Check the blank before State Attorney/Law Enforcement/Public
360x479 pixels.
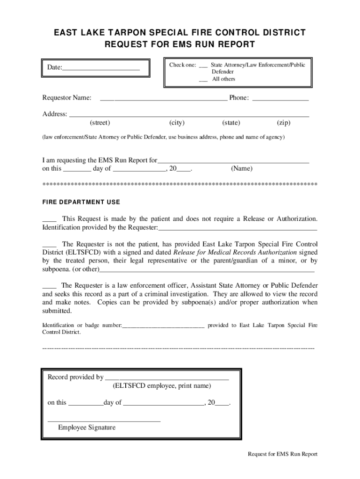(x=203, y=66)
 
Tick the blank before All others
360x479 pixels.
(x=203, y=80)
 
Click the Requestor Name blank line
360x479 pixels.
(x=163, y=99)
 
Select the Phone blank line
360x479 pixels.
(x=281, y=99)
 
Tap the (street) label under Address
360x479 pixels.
(x=100, y=123)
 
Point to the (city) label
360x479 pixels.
(x=177, y=123)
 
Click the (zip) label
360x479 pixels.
(x=283, y=123)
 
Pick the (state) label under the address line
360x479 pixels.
(x=231, y=123)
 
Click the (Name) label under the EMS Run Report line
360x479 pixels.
(x=242, y=168)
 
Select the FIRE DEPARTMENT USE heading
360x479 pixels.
(x=81, y=203)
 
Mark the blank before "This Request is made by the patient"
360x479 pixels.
(x=50, y=220)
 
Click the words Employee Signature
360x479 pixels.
(x=86, y=428)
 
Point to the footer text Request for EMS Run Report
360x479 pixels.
(x=282, y=454)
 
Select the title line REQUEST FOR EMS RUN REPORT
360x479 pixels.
(x=180, y=45)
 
